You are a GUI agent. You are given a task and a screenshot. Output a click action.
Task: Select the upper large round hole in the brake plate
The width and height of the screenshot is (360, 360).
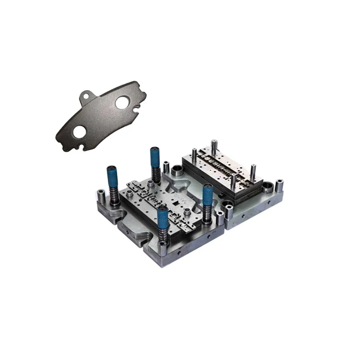pos(121,102)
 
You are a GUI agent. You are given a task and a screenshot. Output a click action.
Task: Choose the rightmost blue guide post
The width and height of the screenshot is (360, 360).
pos(208,195)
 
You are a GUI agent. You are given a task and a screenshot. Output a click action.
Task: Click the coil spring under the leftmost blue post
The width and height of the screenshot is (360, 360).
pos(114,196)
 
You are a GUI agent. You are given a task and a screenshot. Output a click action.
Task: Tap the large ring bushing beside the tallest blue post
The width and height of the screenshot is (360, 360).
pos(176,169)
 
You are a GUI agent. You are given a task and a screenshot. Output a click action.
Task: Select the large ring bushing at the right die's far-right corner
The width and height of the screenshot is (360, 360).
pos(267,186)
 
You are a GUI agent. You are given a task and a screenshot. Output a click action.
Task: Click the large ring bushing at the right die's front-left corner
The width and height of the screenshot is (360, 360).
pos(227,209)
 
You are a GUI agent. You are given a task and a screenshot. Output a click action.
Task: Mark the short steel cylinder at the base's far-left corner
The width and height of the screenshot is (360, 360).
pos(101,195)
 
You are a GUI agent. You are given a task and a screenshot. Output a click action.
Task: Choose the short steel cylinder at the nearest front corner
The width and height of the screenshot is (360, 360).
pos(163,248)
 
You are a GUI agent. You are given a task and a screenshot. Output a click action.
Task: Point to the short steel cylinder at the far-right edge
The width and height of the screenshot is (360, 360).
pos(279,185)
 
